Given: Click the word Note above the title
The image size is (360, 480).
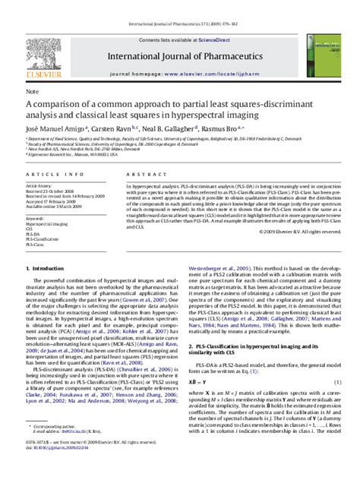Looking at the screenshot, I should [x=32, y=91].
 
